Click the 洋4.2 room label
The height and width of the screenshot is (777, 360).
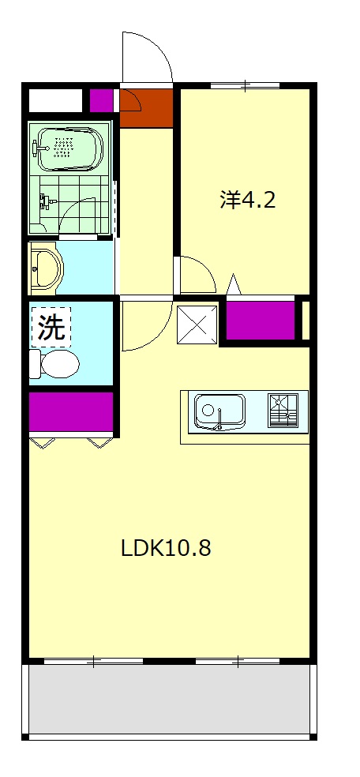click(247, 200)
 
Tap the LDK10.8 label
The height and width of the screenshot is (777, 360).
click(166, 547)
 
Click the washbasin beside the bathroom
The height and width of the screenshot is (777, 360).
click(47, 268)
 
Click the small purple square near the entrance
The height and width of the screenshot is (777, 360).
click(100, 100)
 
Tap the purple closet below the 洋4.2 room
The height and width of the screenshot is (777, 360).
click(260, 319)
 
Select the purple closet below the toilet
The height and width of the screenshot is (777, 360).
click(71, 411)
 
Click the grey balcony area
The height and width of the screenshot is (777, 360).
click(170, 699)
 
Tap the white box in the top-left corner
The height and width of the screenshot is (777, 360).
click(55, 100)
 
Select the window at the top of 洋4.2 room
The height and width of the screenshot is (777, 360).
click(245, 84)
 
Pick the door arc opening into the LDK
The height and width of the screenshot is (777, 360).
click(146, 324)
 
